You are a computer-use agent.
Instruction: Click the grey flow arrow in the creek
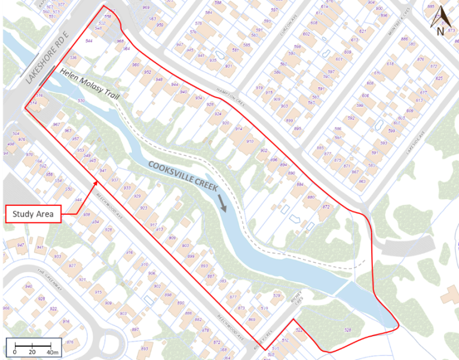click(x=223, y=202)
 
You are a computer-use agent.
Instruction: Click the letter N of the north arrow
click(x=440, y=32)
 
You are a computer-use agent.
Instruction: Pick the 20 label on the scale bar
click(x=32, y=352)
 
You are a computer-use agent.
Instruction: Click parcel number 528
click(x=348, y=330)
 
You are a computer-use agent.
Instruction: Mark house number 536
click(x=74, y=58)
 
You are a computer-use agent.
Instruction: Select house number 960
click(x=135, y=65)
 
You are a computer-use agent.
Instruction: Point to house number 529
click(x=276, y=296)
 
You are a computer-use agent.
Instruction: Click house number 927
click(x=72, y=265)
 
